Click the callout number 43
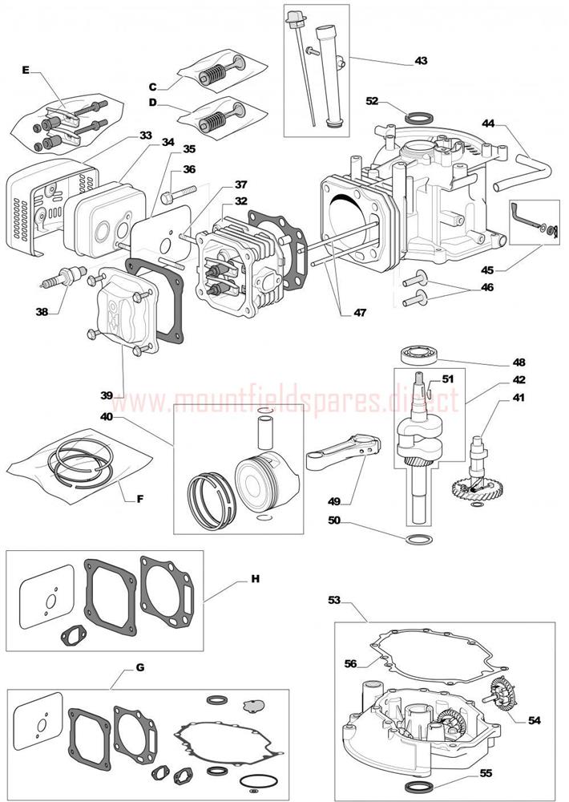pyautogui.click(x=421, y=61)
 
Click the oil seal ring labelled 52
pyautogui.click(x=417, y=119)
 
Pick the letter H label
pyautogui.click(x=256, y=577)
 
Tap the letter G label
pyautogui.click(x=140, y=667)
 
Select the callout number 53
pyautogui.click(x=335, y=599)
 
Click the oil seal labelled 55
pyautogui.click(x=419, y=784)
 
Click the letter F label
pyautogui.click(x=140, y=498)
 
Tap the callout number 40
pyautogui.click(x=107, y=417)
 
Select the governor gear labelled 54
pyautogui.click(x=501, y=694)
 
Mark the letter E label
pyautogui.click(x=26, y=72)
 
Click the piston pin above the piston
pyautogui.click(x=266, y=434)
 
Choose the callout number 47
pyautogui.click(x=358, y=313)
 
